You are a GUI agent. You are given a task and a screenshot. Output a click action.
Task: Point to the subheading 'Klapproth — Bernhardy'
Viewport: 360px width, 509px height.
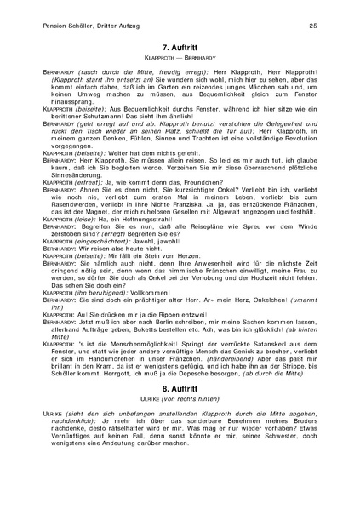click(x=180, y=65)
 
